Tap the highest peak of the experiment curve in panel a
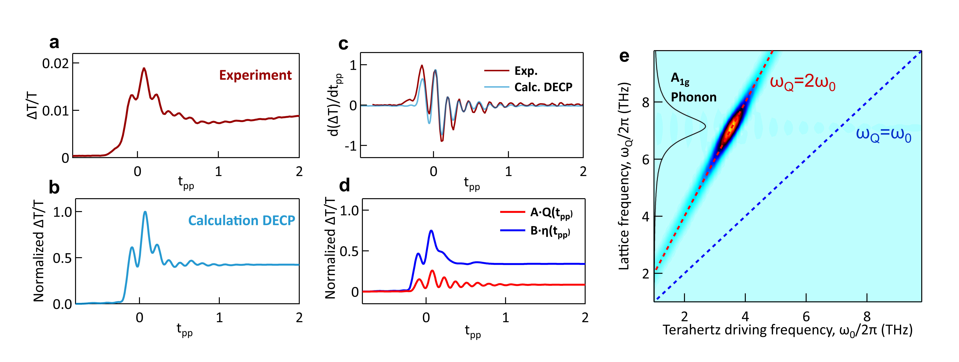point(144,68)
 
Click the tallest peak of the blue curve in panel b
point(145,212)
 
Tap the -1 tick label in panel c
point(350,146)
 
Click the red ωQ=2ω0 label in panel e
point(802,82)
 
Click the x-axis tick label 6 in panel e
point(806,317)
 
